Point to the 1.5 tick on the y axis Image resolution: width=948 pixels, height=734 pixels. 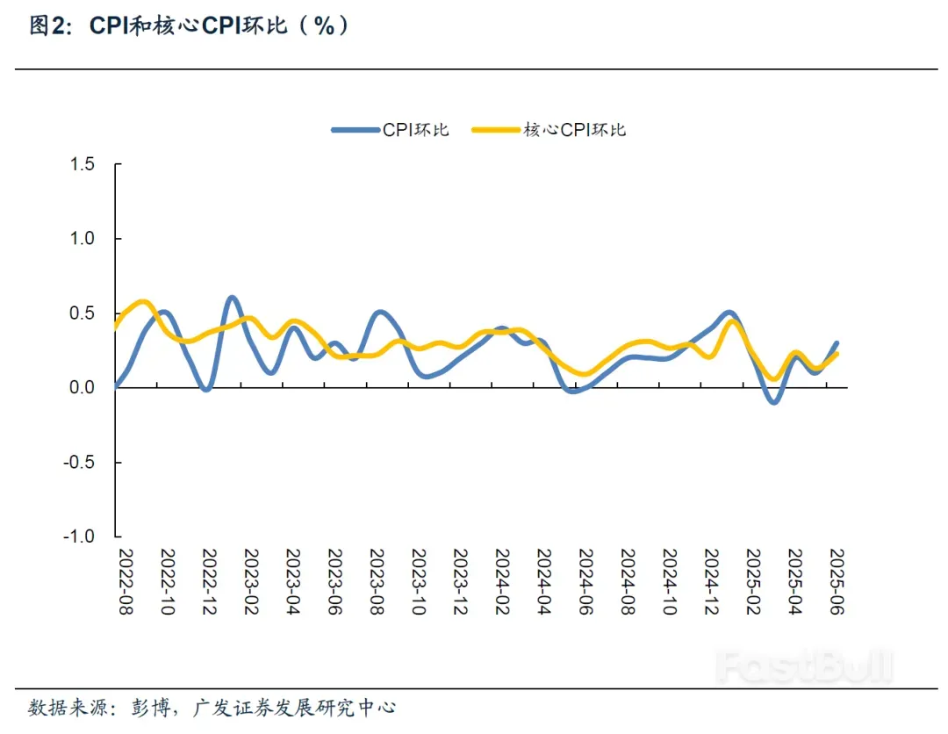[83, 164]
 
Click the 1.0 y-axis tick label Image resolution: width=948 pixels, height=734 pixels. [83, 239]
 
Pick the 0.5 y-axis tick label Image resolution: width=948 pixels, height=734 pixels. [83, 313]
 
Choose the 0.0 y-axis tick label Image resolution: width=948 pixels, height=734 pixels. [83, 388]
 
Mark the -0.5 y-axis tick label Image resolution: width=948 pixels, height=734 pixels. [81, 462]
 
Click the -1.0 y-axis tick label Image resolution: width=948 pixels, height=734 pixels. [81, 536]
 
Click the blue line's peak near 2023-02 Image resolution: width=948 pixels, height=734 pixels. [232, 298]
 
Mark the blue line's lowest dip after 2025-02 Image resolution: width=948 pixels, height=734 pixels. [772, 401]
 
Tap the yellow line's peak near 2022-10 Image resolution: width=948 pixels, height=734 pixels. [144, 302]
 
